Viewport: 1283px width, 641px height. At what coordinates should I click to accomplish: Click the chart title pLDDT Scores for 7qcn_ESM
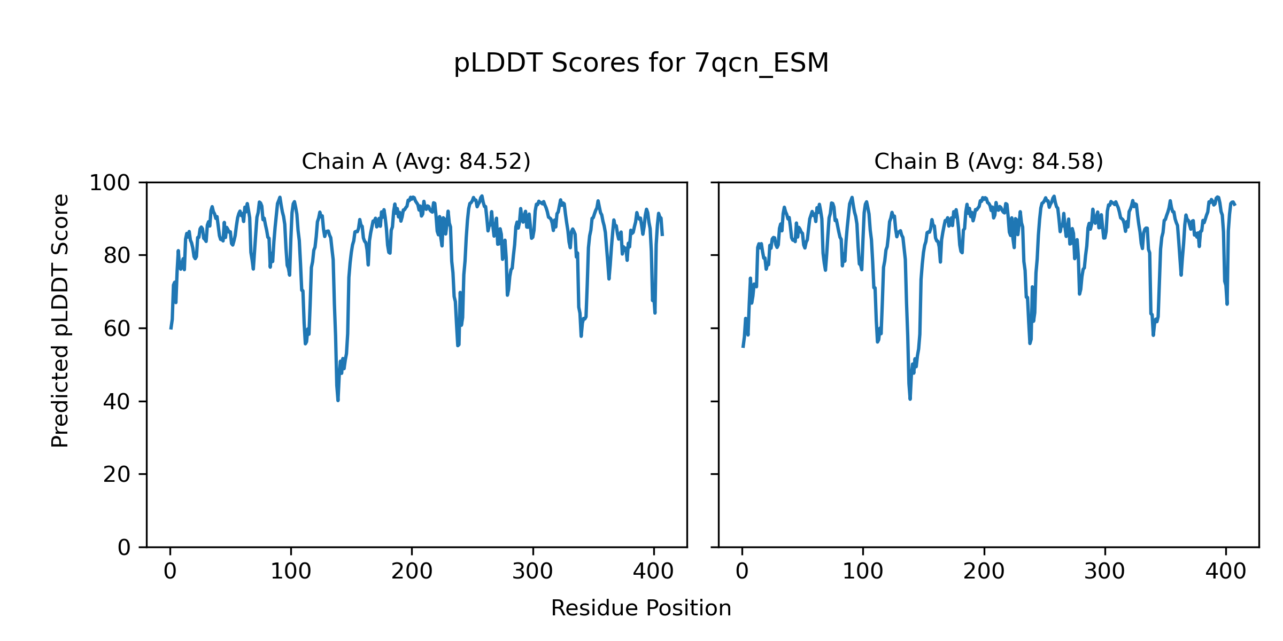pos(641,64)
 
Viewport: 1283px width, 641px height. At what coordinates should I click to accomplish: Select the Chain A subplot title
pos(416,161)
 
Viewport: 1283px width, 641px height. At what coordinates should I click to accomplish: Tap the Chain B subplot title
pos(988,161)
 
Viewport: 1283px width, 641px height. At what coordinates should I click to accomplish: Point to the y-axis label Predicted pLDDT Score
pos(60,320)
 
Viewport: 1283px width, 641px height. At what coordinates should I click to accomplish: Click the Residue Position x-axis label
pos(641,608)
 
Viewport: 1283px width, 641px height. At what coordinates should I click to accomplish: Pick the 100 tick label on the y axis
pos(110,183)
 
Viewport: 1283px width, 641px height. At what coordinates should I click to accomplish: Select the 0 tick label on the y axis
pos(124,548)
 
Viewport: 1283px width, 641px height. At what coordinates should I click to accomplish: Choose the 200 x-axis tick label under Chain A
pos(412,572)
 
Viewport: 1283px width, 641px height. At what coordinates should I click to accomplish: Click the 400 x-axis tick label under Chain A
pos(653,572)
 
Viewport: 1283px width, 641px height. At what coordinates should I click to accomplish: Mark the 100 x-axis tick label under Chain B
pos(863,572)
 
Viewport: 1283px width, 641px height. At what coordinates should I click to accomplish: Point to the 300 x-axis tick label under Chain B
pos(1104,572)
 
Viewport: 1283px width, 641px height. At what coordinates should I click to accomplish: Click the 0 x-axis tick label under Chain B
pos(742,572)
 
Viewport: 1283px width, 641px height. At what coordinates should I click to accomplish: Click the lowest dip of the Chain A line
pos(338,400)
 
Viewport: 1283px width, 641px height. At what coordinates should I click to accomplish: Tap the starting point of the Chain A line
pos(171,328)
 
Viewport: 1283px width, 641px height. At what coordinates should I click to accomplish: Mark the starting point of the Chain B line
pos(743,347)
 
